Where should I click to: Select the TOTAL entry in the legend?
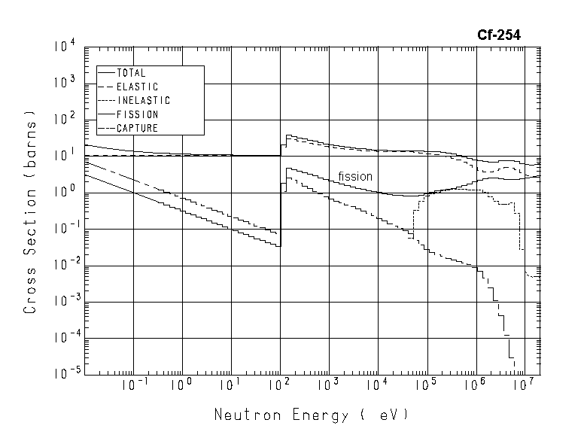[131, 73]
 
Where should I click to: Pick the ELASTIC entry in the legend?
[137, 87]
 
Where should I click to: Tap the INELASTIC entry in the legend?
[143, 100]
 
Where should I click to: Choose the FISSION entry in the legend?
[136, 114]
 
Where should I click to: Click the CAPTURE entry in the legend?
[137, 128]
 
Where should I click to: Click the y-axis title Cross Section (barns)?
[31, 214]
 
